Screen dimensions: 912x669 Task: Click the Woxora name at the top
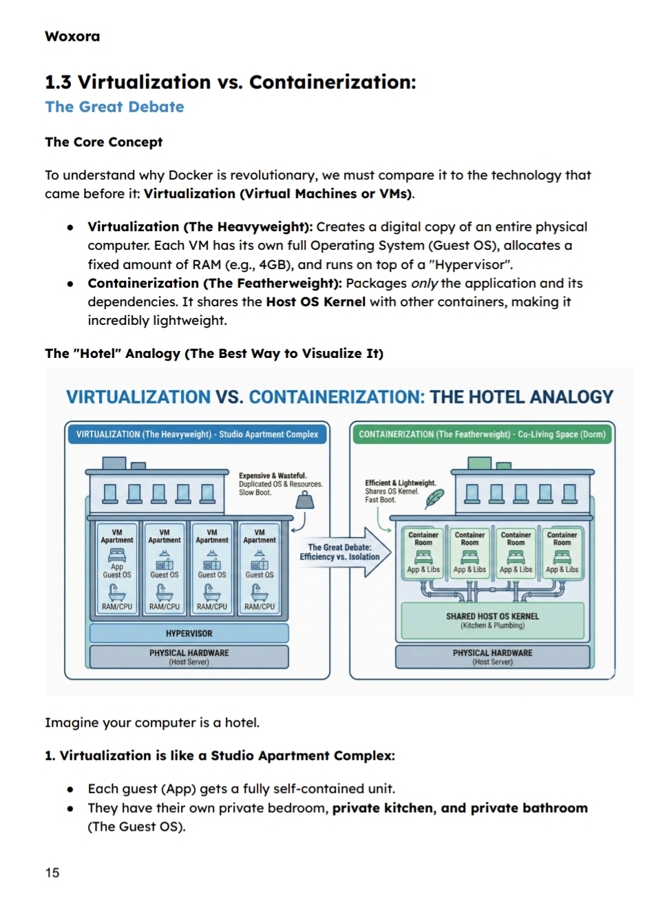[72, 36]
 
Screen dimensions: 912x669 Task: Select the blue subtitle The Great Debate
[114, 107]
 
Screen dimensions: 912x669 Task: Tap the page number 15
[52, 873]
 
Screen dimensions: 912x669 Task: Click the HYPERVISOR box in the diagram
[189, 633]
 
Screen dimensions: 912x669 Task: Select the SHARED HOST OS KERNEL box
[492, 620]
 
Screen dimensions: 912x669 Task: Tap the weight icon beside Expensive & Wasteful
[304, 502]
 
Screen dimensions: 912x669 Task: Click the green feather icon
[434, 498]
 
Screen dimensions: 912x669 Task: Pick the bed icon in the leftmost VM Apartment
[117, 555]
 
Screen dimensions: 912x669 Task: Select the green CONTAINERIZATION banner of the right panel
[482, 434]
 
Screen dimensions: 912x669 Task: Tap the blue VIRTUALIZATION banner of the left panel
[197, 434]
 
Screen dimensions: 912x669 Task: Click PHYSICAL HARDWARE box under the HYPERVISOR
[189, 657]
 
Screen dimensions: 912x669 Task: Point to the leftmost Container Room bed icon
[423, 557]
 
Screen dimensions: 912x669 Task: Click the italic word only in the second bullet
[424, 283]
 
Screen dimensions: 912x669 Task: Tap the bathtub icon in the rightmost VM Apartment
[257, 591]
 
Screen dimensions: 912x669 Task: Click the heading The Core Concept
[104, 142]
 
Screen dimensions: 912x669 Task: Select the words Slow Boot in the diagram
[255, 493]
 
